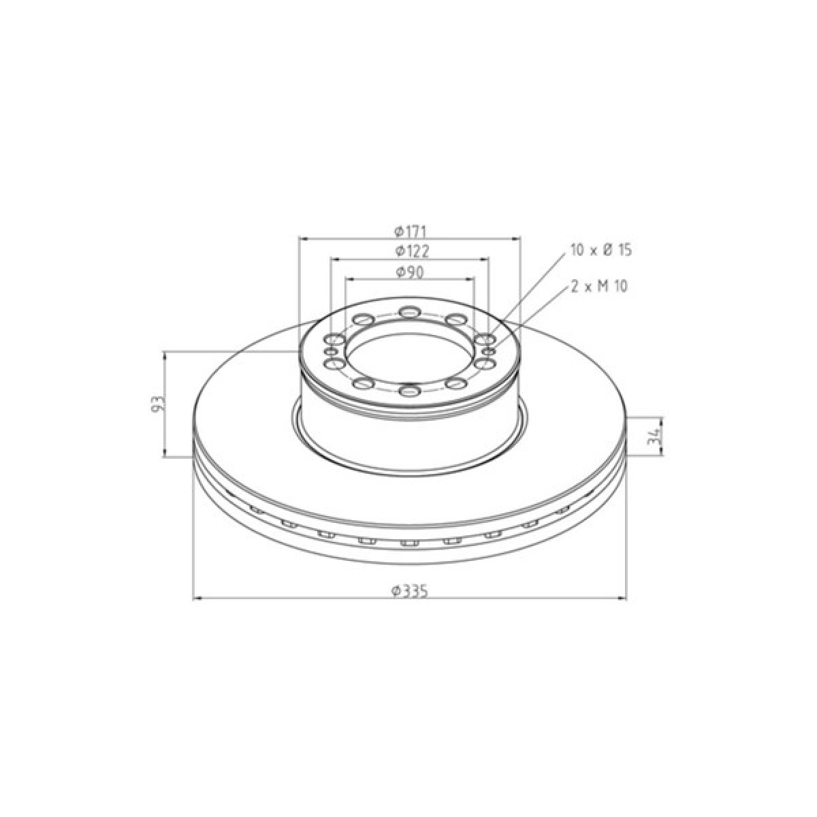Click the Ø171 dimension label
(410, 231)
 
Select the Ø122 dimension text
(412, 251)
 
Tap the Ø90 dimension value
(410, 272)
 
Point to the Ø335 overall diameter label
(410, 590)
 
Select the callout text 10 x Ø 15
(601, 250)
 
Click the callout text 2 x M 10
(598, 287)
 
